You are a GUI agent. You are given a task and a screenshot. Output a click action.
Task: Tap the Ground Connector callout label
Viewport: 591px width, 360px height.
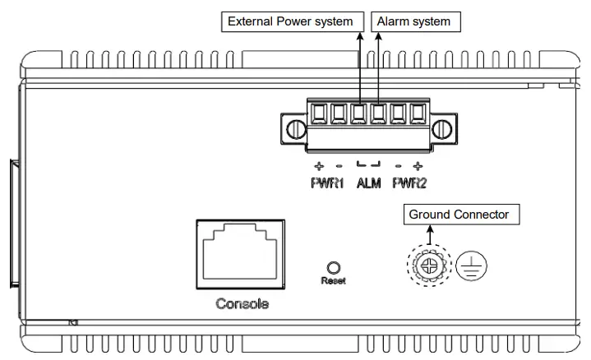[x=458, y=215]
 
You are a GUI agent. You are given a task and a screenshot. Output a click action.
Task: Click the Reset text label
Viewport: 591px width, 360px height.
[x=334, y=280]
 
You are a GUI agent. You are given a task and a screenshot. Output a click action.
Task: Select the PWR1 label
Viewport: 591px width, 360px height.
[x=328, y=182]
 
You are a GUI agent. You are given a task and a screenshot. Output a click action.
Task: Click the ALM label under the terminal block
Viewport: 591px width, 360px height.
[x=368, y=182]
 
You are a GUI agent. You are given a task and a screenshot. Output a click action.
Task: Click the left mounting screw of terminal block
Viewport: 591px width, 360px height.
[x=294, y=129]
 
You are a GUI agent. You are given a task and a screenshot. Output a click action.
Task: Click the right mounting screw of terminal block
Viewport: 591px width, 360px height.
[x=442, y=129]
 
